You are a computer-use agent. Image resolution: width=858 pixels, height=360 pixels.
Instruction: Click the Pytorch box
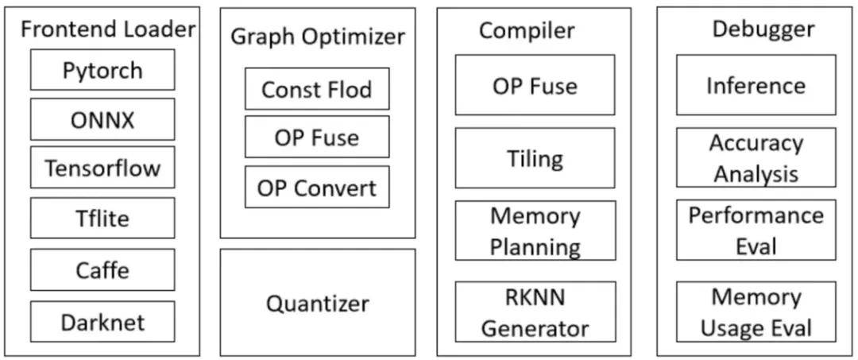pyautogui.click(x=102, y=69)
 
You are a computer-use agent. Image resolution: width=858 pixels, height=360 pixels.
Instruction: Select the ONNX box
pyautogui.click(x=102, y=119)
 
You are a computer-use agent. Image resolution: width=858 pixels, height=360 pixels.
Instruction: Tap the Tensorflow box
pyautogui.click(x=102, y=167)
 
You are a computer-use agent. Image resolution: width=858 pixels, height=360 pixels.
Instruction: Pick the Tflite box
pyautogui.click(x=102, y=218)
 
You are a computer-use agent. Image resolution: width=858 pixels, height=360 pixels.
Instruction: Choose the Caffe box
pyautogui.click(x=102, y=269)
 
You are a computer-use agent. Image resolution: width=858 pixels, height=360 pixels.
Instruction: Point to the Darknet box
pyautogui.click(x=102, y=321)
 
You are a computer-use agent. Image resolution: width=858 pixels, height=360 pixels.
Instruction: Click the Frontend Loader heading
pyautogui.click(x=108, y=29)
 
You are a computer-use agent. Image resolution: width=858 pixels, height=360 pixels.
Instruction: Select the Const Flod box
pyautogui.click(x=317, y=89)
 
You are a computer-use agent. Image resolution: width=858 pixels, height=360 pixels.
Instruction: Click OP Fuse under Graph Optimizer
pyautogui.click(x=317, y=137)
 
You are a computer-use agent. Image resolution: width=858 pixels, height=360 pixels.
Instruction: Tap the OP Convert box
pyautogui.click(x=317, y=187)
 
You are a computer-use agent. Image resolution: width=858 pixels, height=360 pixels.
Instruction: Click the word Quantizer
pyautogui.click(x=317, y=303)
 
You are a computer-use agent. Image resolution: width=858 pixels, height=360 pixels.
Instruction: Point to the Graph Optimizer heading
pyautogui.click(x=318, y=37)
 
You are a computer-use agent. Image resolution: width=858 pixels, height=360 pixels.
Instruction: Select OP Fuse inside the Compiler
pyautogui.click(x=535, y=85)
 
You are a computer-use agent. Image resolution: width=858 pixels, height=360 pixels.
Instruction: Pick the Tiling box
pyautogui.click(x=535, y=158)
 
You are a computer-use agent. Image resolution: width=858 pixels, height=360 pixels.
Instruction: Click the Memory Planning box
pyautogui.click(x=535, y=230)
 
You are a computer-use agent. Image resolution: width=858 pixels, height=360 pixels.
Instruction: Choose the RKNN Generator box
pyautogui.click(x=535, y=312)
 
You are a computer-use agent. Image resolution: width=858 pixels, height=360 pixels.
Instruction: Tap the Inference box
pyautogui.click(x=756, y=85)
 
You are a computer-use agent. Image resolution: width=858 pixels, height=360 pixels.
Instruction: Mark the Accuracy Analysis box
pyautogui.click(x=756, y=157)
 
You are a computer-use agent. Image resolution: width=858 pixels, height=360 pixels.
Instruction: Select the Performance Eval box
pyautogui.click(x=756, y=230)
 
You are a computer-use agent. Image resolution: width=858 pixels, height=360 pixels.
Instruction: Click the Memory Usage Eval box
pyautogui.click(x=756, y=312)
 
